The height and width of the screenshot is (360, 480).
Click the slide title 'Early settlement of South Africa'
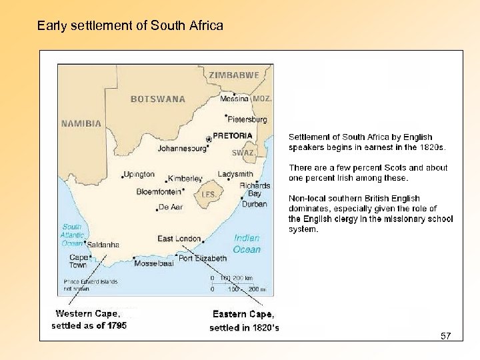pos(130,26)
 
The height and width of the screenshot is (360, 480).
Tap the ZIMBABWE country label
pos(234,75)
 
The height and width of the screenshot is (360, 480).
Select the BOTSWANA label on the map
pos(158,99)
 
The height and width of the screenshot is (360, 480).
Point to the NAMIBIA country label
pos(81,123)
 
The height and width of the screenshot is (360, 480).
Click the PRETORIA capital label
pos(233,135)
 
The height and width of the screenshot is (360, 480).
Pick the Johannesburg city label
pos(182,149)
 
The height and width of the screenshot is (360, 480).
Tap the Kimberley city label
pos(185,179)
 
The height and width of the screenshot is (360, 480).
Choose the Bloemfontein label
pos(159,191)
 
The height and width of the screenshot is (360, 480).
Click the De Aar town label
pos(171,207)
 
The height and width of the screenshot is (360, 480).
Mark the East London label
pos(179,239)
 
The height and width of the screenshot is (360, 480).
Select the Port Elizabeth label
pos(203,258)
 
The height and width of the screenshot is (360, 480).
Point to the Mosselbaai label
pos(153,263)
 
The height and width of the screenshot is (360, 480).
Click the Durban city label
pos(254,204)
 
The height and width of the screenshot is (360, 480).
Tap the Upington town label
pos(139,174)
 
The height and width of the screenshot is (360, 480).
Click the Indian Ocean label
pos(247,243)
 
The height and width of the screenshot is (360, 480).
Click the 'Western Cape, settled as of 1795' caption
pos(89,319)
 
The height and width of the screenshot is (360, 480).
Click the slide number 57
pos(445,336)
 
